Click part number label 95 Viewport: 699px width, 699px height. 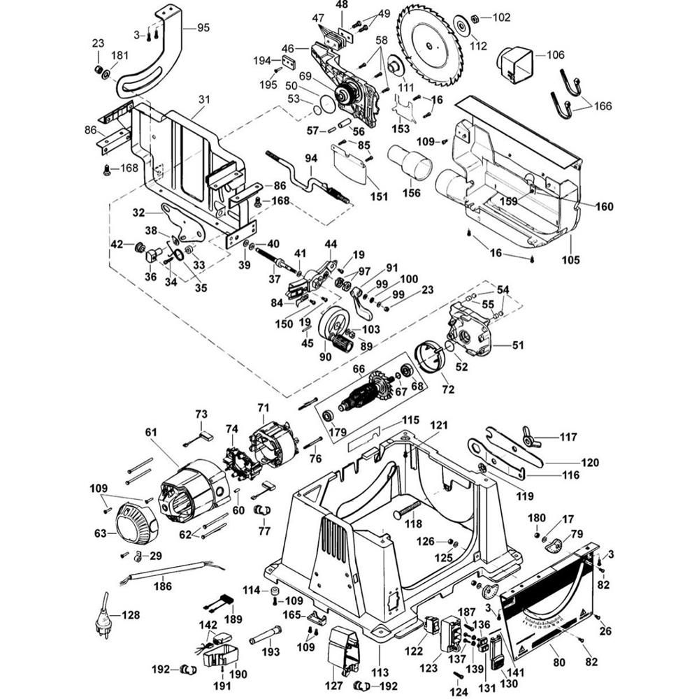(x=203, y=28)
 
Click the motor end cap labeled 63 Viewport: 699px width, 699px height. (x=133, y=524)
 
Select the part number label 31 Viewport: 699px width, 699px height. (x=203, y=101)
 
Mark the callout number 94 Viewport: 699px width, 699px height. (x=310, y=159)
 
